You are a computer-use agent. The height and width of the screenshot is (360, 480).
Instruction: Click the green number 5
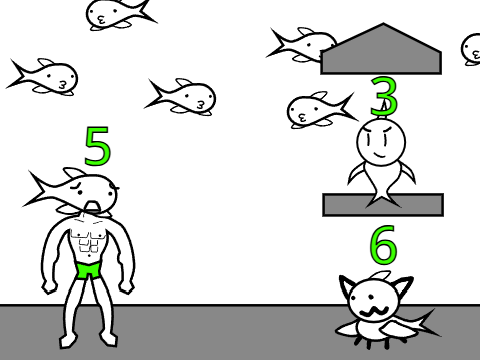(x=97, y=146)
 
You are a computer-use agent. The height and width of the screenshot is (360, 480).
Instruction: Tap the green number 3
(x=384, y=96)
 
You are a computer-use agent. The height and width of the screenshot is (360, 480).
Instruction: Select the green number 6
(x=384, y=244)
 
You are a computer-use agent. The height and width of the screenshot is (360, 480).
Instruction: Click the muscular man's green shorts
(x=88, y=270)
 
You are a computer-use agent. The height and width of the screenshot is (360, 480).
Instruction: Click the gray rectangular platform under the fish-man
(x=383, y=205)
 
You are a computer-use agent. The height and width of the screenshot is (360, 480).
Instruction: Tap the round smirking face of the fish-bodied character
(x=381, y=142)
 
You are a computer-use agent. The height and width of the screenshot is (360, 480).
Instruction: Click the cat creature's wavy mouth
(x=373, y=312)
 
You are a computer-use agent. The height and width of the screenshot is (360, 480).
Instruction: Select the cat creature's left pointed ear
(x=348, y=287)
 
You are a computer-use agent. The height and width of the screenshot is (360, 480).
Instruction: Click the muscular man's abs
(x=89, y=241)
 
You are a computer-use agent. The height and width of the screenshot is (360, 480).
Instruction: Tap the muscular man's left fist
(x=50, y=287)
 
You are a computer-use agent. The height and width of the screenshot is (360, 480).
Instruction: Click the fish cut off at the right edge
(x=471, y=49)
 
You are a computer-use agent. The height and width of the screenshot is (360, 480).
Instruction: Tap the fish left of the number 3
(x=321, y=110)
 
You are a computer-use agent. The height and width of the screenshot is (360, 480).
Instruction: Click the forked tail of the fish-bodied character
(x=383, y=199)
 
